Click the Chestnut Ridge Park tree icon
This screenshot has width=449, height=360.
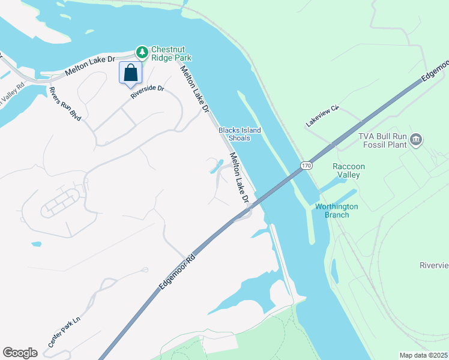pos(142,52)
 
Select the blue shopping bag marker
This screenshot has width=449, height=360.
pos(131,73)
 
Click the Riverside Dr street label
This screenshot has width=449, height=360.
pos(148,92)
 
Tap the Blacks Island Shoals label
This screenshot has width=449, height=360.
pos(234,134)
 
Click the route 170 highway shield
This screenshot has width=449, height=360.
pos(307,165)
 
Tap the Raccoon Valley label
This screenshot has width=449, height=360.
pos(349,170)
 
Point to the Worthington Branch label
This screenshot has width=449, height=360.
pos(337,211)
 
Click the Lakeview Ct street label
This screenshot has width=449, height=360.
pos(323,116)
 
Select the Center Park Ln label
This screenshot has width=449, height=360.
pos(64,332)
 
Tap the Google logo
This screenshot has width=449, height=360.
pos(20,353)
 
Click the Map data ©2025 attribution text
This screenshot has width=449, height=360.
pos(423,356)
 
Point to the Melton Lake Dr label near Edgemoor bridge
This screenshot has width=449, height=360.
pos(239,177)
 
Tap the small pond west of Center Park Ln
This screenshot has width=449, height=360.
pos(37,245)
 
